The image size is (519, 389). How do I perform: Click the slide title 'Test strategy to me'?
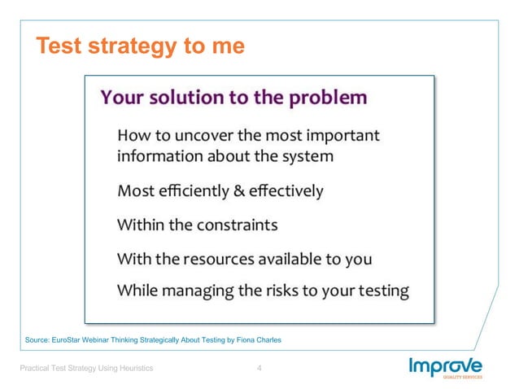coord(139,46)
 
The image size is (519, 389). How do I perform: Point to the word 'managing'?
coord(203,291)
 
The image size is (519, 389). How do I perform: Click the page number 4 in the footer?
coord(259,369)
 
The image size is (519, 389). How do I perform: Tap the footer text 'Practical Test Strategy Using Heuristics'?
coord(87,369)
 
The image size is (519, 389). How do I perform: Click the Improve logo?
coord(446,366)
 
